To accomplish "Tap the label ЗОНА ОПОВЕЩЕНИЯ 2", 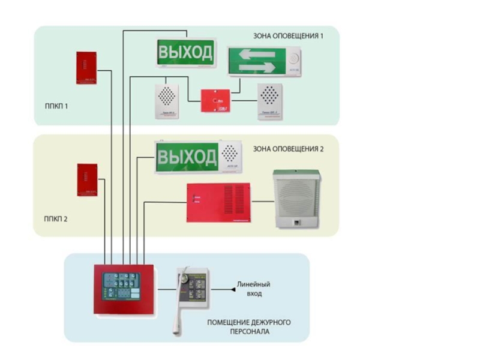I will click(289, 148).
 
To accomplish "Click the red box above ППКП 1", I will click(86, 68).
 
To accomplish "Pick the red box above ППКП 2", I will click(87, 180).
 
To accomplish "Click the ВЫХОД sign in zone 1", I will click(185, 53).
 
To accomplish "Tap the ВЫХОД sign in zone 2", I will click(187, 157).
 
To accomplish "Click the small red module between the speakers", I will click(215, 101).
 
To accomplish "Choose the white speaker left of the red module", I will click(167, 101).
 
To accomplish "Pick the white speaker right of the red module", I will click(270, 101).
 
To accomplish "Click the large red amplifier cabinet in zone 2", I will click(218, 203).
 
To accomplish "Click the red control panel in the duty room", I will click(124, 290).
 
